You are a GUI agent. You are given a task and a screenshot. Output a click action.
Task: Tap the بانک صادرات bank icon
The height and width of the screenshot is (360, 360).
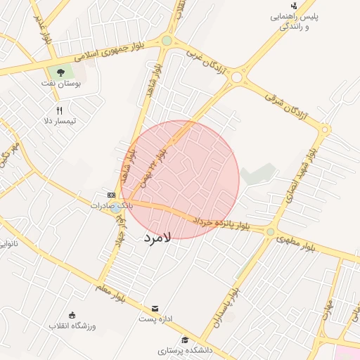click(111, 195)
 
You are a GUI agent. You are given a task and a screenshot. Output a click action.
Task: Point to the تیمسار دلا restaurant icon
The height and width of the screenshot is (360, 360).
click(60, 110)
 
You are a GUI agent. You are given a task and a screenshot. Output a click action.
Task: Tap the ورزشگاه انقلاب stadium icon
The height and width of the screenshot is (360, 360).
click(72, 314)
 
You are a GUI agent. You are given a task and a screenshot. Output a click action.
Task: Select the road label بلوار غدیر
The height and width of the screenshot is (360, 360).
click(43, 28)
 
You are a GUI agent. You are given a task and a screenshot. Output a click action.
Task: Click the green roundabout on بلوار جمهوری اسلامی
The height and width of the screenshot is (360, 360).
click(167, 41)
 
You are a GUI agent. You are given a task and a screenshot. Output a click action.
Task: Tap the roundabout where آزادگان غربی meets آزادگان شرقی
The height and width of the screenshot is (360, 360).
click(238, 77)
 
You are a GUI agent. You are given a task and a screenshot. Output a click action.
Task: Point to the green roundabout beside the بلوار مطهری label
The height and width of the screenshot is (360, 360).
click(270, 231)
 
